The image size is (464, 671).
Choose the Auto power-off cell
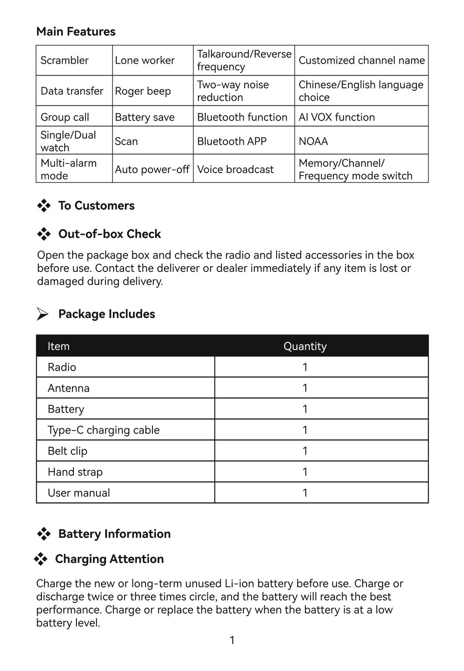click(152, 169)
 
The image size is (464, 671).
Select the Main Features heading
click(76, 31)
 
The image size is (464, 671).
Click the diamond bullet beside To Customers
click(44, 205)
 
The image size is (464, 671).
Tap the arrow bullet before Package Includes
click(42, 314)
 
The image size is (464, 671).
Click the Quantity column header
click(305, 346)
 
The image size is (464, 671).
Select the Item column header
click(59, 346)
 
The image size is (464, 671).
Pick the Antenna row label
click(69, 388)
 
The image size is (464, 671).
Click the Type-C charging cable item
click(104, 430)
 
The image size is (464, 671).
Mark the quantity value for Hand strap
click(305, 472)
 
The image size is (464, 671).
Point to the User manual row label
click(79, 493)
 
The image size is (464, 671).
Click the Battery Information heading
click(114, 534)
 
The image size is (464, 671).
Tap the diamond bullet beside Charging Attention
click(41, 559)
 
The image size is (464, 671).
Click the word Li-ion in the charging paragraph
click(239, 584)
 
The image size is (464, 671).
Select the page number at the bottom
click(232, 640)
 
